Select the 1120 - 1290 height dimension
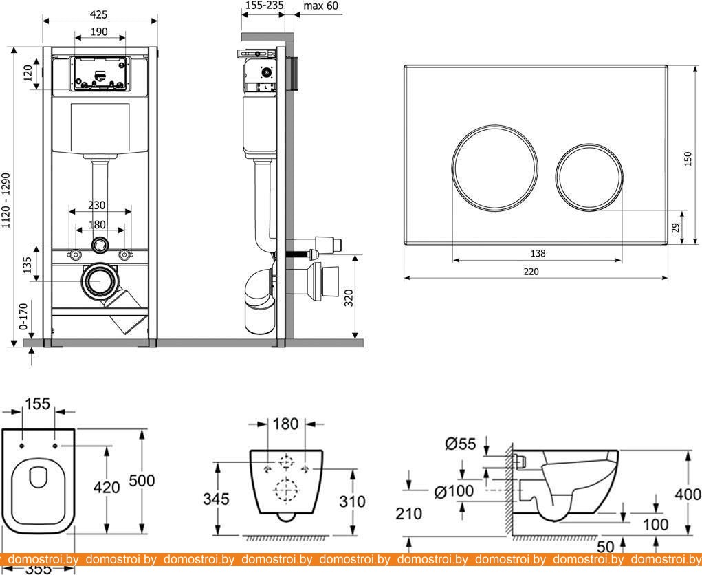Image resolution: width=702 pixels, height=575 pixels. (x=6, y=200)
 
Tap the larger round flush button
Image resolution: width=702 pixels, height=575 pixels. (x=487, y=169)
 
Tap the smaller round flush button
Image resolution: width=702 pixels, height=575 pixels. (x=589, y=177)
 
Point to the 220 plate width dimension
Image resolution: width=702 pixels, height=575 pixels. (x=531, y=271)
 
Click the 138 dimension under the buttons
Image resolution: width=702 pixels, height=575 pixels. (x=538, y=253)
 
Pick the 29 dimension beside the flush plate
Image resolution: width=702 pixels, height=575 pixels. (x=676, y=227)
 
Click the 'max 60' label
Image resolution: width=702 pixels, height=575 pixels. (x=321, y=6)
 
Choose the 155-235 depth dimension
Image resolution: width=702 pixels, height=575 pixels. (x=263, y=6)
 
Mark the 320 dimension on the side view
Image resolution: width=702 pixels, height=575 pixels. (x=349, y=298)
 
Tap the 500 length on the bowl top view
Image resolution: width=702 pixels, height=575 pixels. (x=142, y=480)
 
